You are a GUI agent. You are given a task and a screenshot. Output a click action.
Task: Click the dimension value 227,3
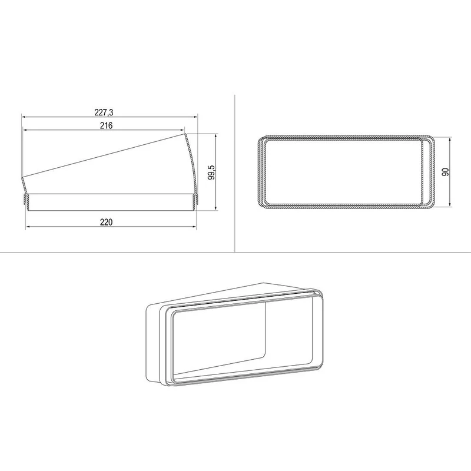(x=104, y=112)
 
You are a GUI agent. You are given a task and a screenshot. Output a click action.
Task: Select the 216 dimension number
(x=106, y=125)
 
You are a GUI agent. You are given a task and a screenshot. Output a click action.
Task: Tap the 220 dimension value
(x=107, y=223)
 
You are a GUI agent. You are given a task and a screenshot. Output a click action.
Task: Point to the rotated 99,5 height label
(x=212, y=173)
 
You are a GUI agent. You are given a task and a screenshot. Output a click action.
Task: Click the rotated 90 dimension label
(x=446, y=172)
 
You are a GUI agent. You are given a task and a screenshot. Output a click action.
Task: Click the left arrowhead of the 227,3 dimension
(x=24, y=117)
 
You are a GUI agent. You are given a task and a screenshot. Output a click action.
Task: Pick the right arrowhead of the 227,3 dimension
(x=195, y=117)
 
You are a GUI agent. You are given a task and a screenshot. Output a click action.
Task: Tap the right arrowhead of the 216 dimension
(x=182, y=130)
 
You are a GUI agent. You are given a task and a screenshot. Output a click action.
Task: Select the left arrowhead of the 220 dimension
(x=28, y=227)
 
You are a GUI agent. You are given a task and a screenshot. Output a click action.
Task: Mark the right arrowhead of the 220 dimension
(x=194, y=227)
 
